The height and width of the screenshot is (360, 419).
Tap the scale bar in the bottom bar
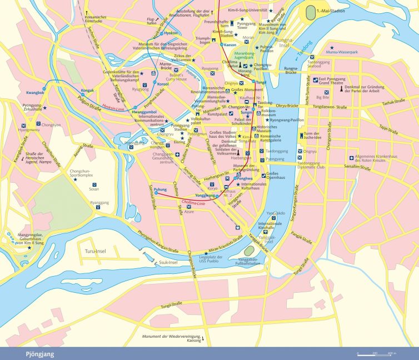(376, 353)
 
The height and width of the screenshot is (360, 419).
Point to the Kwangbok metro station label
(34, 92)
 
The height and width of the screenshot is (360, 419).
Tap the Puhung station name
(160, 189)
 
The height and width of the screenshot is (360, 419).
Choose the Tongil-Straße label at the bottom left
(157, 305)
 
